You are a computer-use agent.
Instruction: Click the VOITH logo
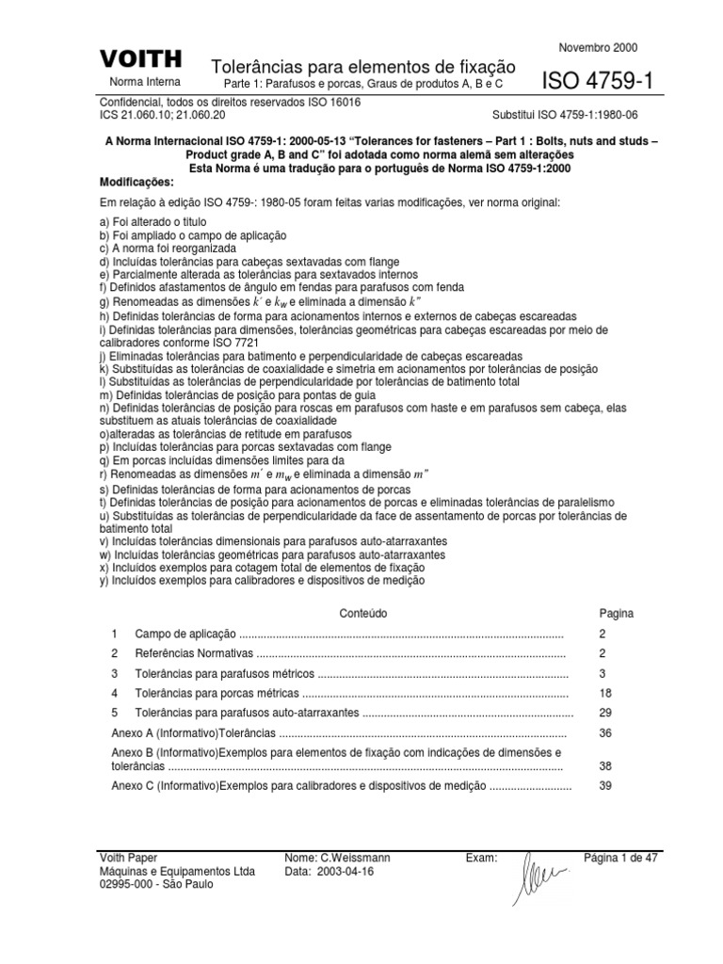click(x=140, y=59)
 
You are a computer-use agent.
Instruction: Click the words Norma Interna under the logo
click(x=140, y=81)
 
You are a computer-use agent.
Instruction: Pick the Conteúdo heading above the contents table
click(x=361, y=613)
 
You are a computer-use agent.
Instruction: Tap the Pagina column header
click(x=617, y=613)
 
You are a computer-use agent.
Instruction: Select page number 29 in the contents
click(x=605, y=714)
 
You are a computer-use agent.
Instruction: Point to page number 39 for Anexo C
click(x=605, y=786)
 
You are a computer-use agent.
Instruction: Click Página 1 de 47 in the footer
click(x=619, y=859)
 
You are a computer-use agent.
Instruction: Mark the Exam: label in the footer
click(x=482, y=859)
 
